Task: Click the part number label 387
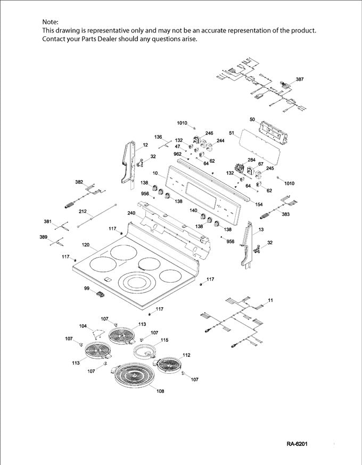pyautogui.click(x=300, y=79)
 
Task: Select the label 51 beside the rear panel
pyautogui.click(x=232, y=132)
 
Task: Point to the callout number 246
pyautogui.click(x=209, y=133)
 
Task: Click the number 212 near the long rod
pyautogui.click(x=83, y=211)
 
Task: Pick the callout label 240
pyautogui.click(x=131, y=213)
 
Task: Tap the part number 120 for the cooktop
pyautogui.click(x=85, y=245)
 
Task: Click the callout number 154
pyautogui.click(x=259, y=205)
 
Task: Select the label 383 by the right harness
pyautogui.click(x=285, y=214)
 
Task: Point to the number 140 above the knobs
pyautogui.click(x=194, y=211)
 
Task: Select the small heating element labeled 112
pyautogui.click(x=170, y=365)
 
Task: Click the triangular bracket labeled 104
pyautogui.click(x=96, y=333)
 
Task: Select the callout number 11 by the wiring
pyautogui.click(x=270, y=301)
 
